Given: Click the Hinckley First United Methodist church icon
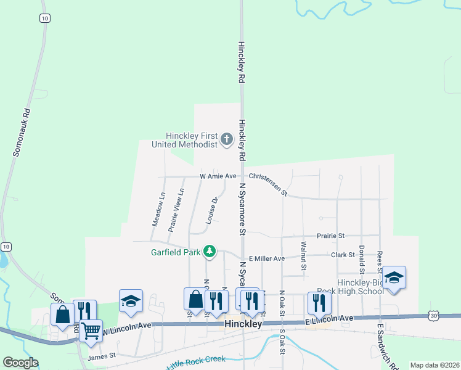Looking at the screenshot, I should click(227, 139).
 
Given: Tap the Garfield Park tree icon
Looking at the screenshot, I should click(210, 251).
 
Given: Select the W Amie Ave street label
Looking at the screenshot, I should click(218, 176).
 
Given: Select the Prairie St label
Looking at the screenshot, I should click(331, 236).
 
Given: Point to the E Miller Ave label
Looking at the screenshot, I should click(266, 258).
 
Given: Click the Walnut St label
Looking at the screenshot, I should click(303, 255).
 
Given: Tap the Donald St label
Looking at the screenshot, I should click(362, 258).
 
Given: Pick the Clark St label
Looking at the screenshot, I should click(343, 255).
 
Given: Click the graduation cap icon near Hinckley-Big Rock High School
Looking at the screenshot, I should click(394, 277).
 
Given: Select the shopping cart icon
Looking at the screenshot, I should click(91, 331).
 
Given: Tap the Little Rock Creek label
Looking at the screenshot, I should click(195, 361).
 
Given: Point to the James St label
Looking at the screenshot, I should click(102, 356).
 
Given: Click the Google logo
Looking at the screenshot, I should click(20, 363).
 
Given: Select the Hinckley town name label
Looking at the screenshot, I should click(243, 324).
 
